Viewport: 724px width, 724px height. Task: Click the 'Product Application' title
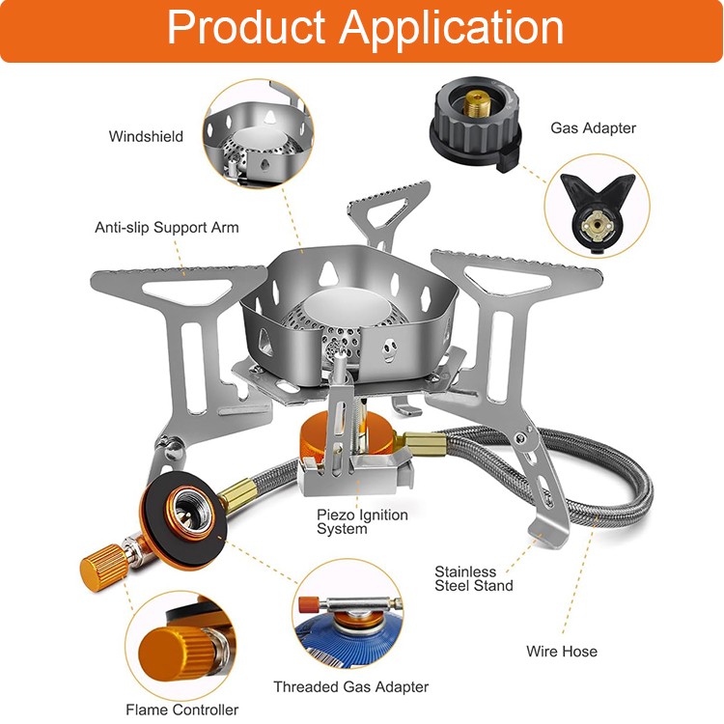(365, 29)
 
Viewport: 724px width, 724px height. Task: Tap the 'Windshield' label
(146, 136)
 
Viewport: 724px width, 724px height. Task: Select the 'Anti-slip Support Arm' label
(166, 228)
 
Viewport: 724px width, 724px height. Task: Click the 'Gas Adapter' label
(593, 127)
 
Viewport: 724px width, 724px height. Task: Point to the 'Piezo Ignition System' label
(362, 521)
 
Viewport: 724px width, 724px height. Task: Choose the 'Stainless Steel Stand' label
(473, 578)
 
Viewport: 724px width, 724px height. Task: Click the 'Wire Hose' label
(561, 651)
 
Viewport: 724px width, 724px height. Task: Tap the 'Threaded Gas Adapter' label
(350, 686)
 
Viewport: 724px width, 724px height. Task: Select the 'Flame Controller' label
(181, 710)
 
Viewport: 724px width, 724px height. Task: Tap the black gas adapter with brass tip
(474, 123)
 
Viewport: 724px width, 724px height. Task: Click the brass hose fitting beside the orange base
(422, 444)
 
